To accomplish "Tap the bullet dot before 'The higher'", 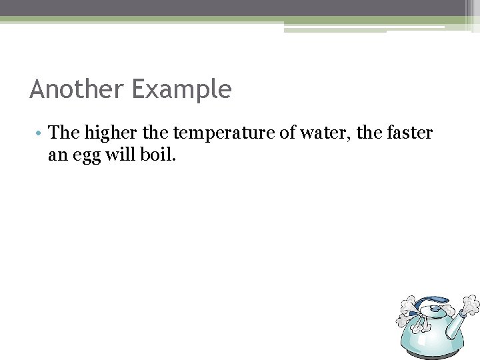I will pyautogui.click(x=41, y=134).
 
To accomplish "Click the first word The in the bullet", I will pyautogui.click(x=64, y=133).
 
